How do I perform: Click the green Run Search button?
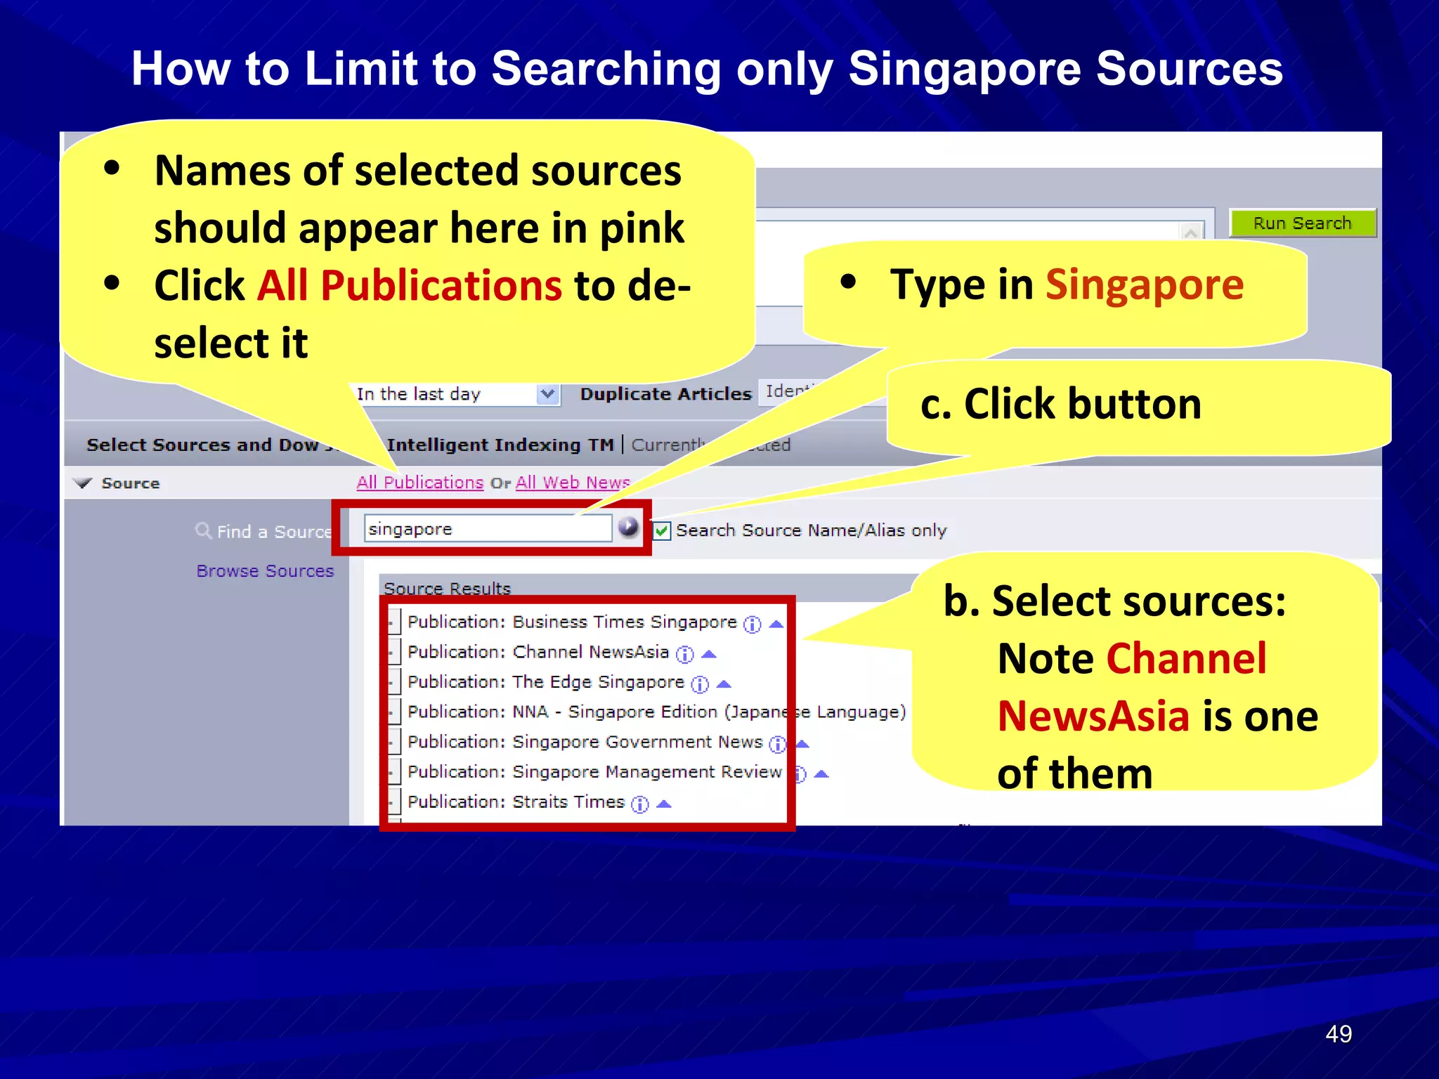click(1302, 223)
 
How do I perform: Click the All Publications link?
click(419, 483)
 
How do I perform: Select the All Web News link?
click(572, 483)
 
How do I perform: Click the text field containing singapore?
click(488, 528)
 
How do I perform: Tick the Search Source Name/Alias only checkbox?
click(662, 531)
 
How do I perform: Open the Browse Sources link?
click(265, 571)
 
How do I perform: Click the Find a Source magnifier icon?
click(203, 530)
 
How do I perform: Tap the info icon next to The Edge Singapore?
click(700, 684)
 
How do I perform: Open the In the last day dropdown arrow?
click(548, 394)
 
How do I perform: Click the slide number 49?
click(1338, 1034)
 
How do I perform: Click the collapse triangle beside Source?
click(84, 483)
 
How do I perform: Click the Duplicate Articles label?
click(665, 394)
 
